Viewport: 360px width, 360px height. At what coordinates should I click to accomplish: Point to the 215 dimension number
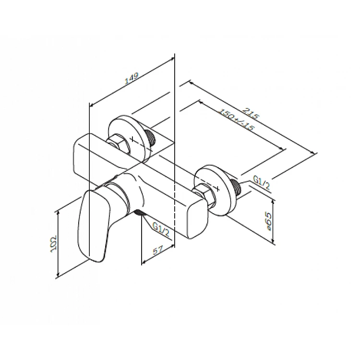(251, 114)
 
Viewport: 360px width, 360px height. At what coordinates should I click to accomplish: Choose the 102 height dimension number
(54, 243)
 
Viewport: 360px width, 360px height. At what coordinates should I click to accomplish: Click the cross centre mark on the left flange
(132, 139)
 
